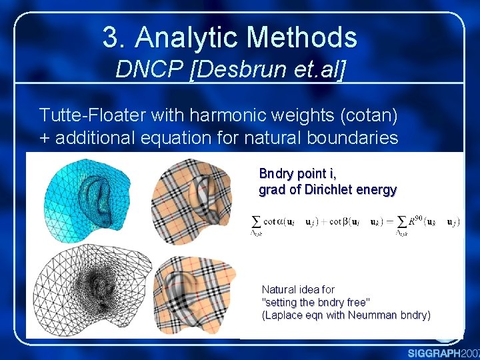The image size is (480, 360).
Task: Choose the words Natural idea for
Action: coord(298,290)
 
